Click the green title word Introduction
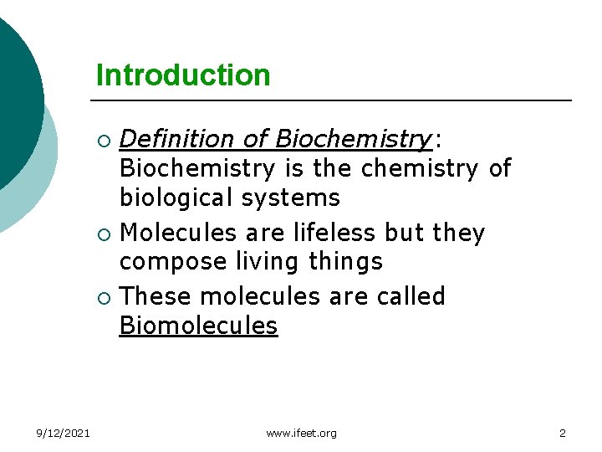tap(183, 75)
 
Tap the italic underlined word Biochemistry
tap(352, 138)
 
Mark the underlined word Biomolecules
tap(198, 326)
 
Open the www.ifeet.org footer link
tap(301, 433)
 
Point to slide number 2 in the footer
tap(562, 433)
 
